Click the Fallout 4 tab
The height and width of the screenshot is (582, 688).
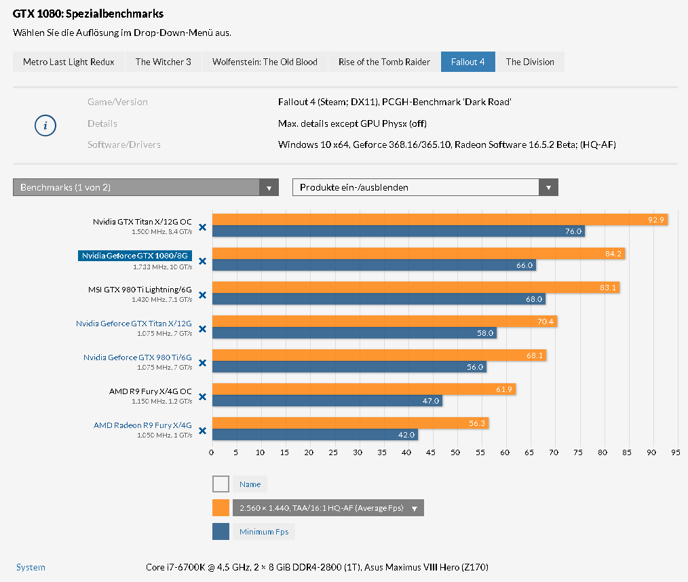467,62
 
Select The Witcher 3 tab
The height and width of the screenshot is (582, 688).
163,62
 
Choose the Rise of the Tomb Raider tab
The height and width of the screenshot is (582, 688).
384,62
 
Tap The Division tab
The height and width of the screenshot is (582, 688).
530,62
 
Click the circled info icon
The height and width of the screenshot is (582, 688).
45,125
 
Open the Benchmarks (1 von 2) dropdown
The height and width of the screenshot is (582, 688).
145,187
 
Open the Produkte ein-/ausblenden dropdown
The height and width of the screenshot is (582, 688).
425,187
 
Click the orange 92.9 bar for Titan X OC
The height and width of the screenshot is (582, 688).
440,219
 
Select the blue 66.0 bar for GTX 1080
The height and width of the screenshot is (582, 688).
373,265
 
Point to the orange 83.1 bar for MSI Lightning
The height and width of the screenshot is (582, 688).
415,288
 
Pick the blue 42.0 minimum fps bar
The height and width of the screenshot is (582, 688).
314,435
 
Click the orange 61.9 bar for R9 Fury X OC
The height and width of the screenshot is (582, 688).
363,389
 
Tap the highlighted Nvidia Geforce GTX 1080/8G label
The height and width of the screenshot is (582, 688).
134,256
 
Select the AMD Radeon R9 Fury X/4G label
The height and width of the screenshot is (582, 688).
142,425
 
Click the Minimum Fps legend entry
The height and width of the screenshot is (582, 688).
263,532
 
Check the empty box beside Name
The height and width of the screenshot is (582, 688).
221,484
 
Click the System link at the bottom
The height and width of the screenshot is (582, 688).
31,567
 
